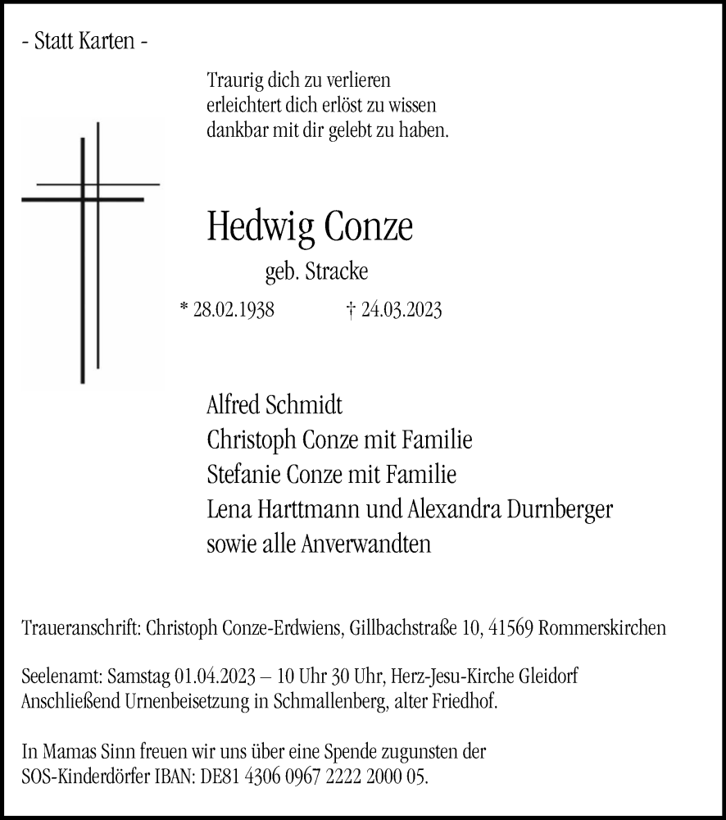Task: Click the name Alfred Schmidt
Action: click(275, 404)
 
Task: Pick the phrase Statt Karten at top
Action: click(85, 42)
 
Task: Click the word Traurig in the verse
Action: click(236, 82)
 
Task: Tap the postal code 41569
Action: click(514, 628)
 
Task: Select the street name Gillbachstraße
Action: click(401, 628)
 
